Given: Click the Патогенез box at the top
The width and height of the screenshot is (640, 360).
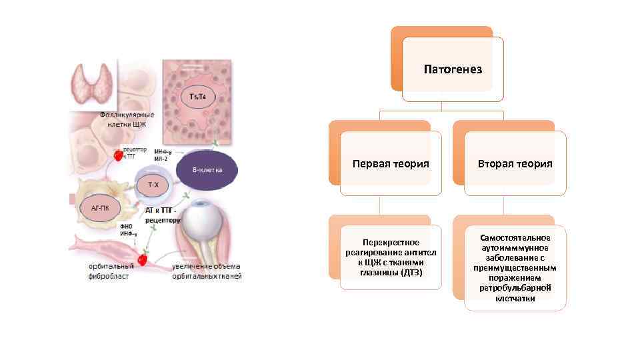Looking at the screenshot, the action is coord(453,69).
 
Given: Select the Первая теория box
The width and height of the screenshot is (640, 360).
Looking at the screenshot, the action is coord(390,163).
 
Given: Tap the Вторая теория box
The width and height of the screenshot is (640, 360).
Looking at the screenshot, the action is coord(515,163).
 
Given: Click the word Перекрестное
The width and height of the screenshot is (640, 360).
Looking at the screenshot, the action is coord(391,242).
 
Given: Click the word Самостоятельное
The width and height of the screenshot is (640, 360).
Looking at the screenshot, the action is coord(515,237).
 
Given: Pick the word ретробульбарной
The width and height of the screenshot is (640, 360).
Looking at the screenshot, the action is coord(515,287).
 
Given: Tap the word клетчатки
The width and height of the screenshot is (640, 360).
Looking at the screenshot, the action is coord(515,298).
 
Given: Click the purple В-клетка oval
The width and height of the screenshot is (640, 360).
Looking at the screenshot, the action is coord(206,169).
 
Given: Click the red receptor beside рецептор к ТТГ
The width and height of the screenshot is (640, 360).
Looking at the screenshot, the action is coord(118,155).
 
